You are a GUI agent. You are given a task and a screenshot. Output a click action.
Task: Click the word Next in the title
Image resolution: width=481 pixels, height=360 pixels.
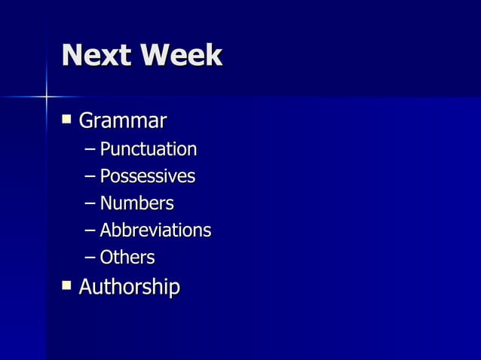click(94, 56)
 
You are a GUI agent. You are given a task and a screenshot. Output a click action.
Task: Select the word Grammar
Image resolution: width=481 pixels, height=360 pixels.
click(122, 121)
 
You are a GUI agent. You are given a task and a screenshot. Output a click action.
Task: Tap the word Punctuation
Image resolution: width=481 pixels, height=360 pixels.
click(148, 149)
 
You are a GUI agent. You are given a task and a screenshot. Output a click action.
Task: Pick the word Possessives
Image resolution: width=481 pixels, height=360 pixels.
click(147, 177)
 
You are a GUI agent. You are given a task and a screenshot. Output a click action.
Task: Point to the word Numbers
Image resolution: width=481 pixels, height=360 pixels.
click(136, 203)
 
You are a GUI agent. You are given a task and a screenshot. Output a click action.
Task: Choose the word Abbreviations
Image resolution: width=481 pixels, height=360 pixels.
click(155, 230)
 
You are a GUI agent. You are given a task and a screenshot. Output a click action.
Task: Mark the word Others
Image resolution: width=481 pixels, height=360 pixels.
click(127, 258)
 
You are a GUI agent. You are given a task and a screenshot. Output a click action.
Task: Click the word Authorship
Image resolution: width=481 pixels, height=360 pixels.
click(129, 287)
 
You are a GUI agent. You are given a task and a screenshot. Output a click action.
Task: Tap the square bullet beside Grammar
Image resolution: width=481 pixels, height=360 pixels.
click(67, 118)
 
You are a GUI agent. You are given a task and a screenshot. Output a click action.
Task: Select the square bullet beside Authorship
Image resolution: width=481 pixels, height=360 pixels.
click(67, 285)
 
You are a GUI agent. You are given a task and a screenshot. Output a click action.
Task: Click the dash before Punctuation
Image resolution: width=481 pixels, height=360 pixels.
click(90, 150)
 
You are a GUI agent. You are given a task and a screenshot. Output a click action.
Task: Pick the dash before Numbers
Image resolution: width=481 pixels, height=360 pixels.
click(90, 204)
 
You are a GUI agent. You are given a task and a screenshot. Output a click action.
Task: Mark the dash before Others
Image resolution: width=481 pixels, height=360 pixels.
click(90, 258)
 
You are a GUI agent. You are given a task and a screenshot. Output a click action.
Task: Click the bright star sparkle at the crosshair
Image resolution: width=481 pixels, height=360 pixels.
click(46, 96)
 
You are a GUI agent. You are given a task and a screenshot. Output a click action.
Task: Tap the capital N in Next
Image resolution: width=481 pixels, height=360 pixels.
click(74, 56)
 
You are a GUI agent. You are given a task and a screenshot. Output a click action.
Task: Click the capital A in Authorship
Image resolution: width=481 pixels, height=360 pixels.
click(86, 287)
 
